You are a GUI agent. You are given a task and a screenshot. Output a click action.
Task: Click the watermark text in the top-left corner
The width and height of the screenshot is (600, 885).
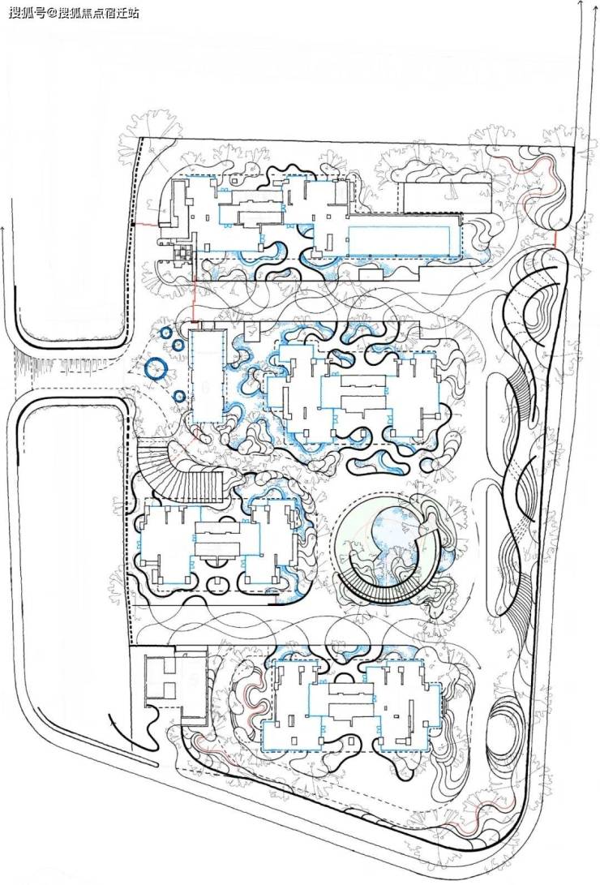click(73, 12)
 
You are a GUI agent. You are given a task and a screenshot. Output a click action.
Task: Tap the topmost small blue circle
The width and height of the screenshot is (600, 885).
click(165, 333)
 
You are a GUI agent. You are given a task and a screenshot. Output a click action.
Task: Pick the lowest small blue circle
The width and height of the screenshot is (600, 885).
click(178, 397)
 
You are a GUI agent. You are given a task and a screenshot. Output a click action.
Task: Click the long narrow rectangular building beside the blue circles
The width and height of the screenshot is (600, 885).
click(206, 376)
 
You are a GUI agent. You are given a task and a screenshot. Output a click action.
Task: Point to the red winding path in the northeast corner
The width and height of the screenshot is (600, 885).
click(542, 192)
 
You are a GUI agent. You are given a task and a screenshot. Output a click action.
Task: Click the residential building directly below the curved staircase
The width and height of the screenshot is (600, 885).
click(218, 543)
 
